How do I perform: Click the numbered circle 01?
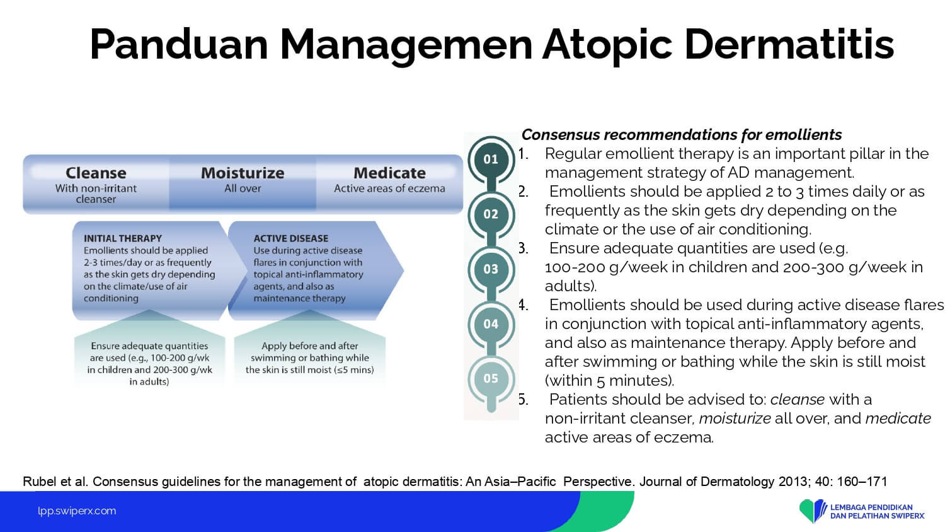[491, 159]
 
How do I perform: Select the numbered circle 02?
[491, 214]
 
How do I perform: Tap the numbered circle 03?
[491, 269]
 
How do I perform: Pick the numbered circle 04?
[491, 324]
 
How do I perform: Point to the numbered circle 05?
[491, 379]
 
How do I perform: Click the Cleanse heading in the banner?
[96, 173]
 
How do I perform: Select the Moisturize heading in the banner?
[243, 173]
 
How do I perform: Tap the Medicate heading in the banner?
[389, 173]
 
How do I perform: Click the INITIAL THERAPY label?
[123, 238]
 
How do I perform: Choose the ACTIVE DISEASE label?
[290, 238]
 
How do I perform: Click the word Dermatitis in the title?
[789, 44]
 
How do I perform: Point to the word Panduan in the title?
[179, 44]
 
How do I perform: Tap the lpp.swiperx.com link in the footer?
[77, 511]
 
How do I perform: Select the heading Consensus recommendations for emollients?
[682, 135]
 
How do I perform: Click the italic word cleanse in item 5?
[798, 400]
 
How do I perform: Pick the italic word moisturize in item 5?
[735, 419]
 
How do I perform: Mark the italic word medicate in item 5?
[898, 419]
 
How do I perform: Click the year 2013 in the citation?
[793, 482]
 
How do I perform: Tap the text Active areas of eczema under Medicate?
[389, 188]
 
